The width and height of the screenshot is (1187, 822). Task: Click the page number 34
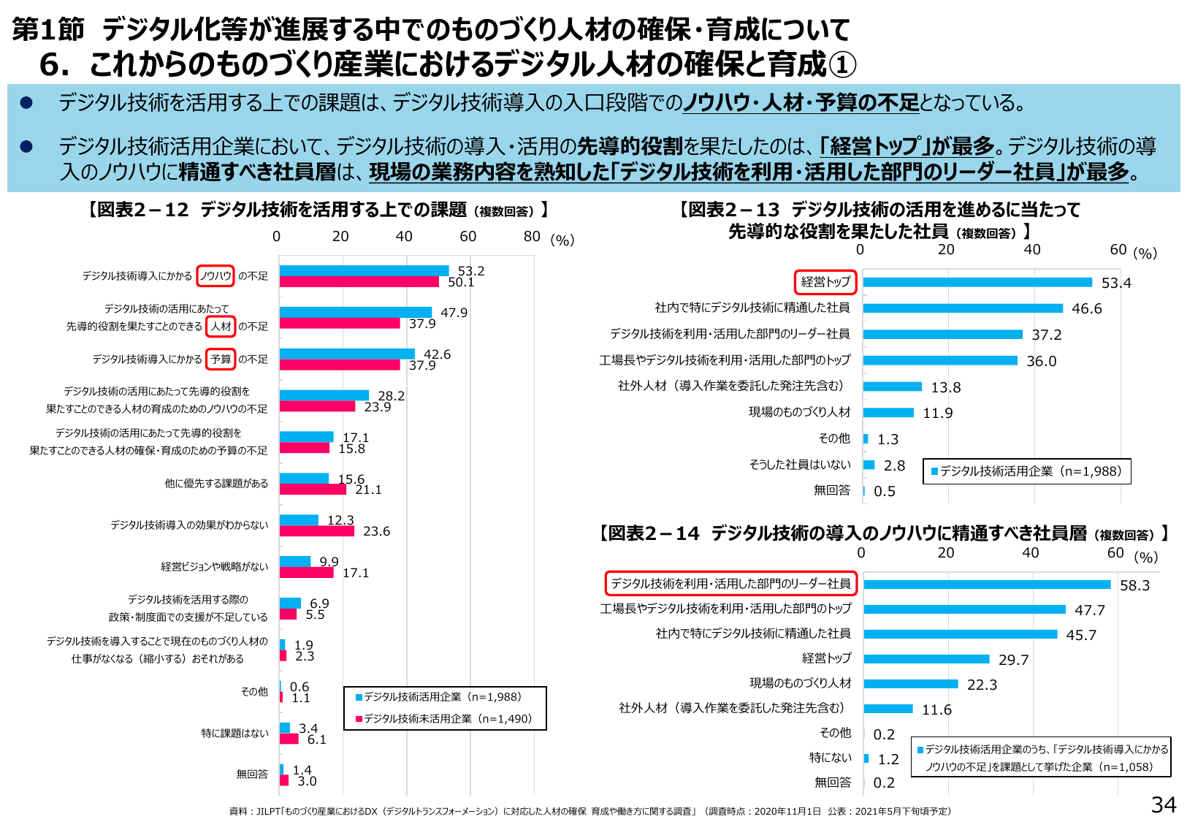click(1164, 804)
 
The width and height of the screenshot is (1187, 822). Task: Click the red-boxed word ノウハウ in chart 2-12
click(215, 275)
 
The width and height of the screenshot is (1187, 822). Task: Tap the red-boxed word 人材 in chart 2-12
click(221, 326)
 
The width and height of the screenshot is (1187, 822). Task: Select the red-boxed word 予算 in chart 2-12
click(221, 359)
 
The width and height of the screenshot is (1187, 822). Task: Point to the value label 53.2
click(471, 271)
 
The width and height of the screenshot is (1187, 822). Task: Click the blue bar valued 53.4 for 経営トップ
click(977, 282)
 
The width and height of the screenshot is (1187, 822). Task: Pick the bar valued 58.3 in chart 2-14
click(987, 585)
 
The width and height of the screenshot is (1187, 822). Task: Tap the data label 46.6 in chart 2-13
click(1086, 308)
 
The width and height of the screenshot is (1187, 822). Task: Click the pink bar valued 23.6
click(317, 531)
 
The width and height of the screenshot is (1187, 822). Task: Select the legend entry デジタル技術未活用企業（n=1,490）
click(448, 719)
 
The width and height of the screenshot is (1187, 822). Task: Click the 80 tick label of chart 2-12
click(532, 236)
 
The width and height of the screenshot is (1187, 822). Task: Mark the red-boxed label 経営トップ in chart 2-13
click(825, 281)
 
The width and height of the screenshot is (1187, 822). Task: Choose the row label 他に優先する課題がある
click(216, 483)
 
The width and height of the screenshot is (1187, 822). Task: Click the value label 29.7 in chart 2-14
click(1013, 660)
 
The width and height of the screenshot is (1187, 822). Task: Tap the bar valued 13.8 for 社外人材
click(893, 387)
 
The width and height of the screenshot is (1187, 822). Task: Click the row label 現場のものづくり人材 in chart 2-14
click(800, 682)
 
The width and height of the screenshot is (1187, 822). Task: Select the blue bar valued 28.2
click(324, 395)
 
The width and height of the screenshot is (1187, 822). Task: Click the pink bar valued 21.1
click(313, 490)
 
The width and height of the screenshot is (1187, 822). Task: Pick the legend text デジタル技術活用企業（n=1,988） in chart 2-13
click(1030, 471)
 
